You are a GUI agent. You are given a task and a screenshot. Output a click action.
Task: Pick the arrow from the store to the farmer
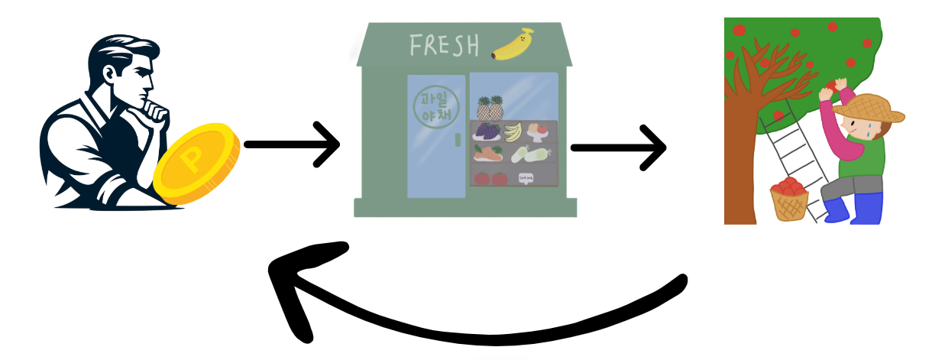(619, 148)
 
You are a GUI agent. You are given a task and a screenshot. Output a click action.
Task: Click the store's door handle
(458, 139)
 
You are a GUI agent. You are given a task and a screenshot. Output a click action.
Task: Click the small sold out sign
(526, 178)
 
